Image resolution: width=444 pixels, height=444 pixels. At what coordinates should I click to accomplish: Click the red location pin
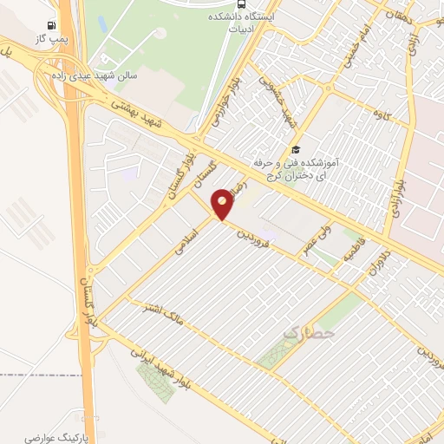[223, 203]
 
